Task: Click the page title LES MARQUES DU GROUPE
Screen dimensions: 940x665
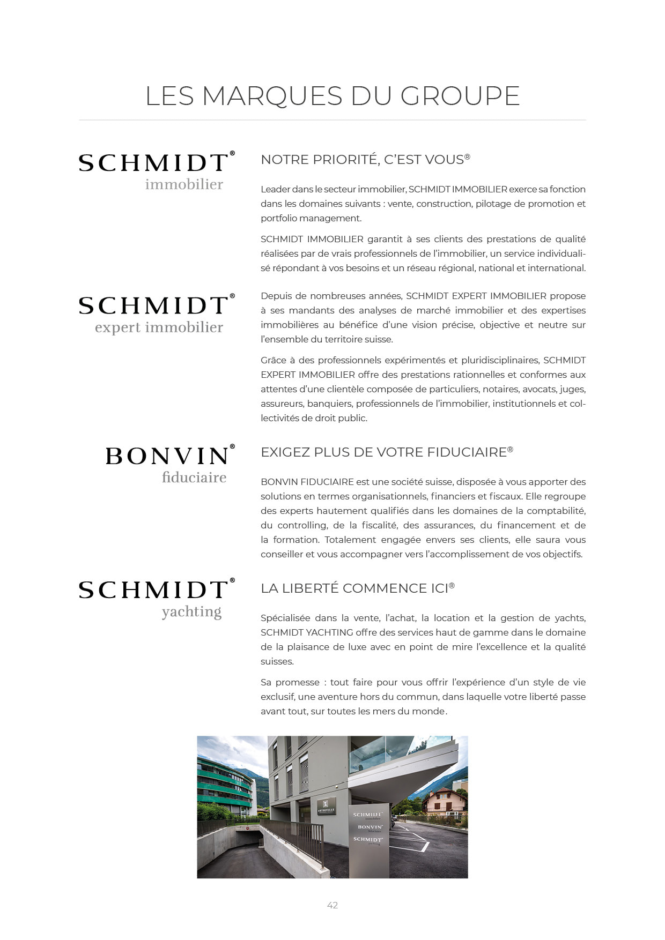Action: click(332, 96)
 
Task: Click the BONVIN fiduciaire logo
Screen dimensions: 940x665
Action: click(169, 464)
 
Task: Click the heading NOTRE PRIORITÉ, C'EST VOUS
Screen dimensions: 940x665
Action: click(365, 160)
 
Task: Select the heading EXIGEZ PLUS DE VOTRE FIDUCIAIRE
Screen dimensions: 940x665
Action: click(386, 452)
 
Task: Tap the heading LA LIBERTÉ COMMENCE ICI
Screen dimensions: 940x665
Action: click(357, 588)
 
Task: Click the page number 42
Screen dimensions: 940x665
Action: click(332, 905)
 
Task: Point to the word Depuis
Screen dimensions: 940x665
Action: click(277, 296)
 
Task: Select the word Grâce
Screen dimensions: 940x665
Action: click(274, 360)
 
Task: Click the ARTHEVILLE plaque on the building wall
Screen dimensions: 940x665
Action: click(326, 806)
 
